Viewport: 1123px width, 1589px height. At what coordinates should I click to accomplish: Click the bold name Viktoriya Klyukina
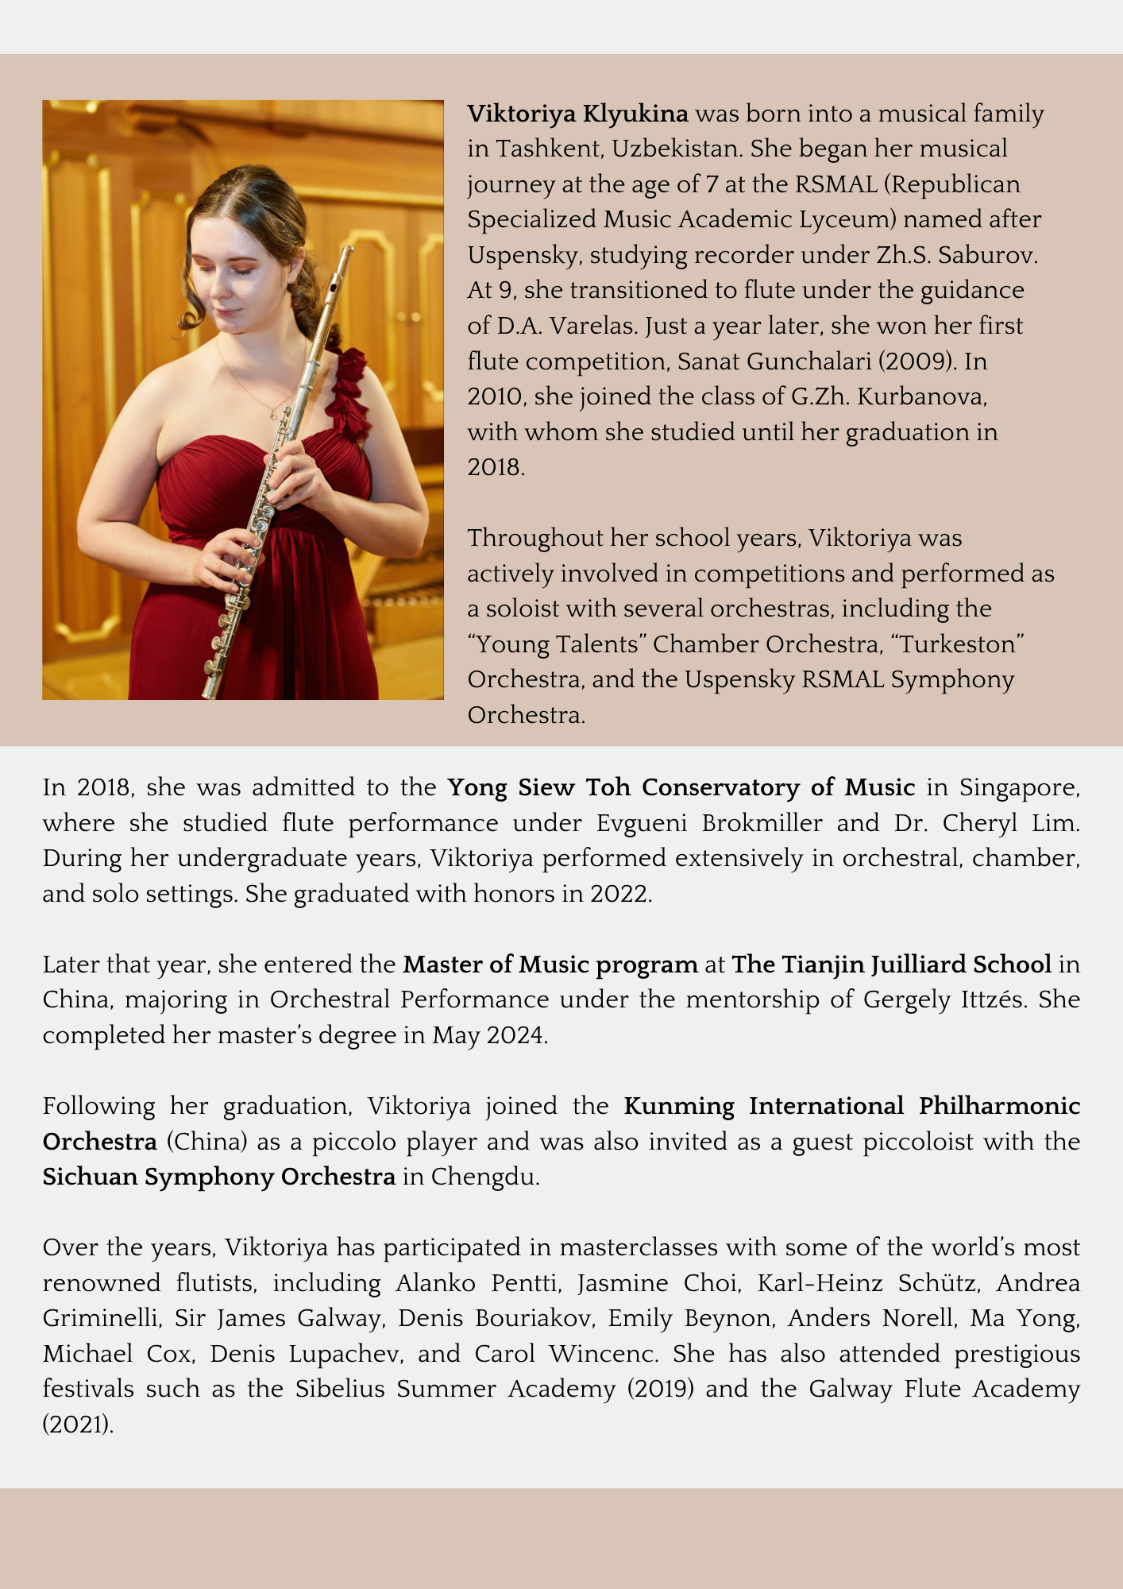(x=577, y=114)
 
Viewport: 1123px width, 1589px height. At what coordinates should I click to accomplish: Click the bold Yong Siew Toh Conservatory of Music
(x=681, y=787)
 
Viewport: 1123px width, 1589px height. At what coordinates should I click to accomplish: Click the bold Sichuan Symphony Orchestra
(x=219, y=1177)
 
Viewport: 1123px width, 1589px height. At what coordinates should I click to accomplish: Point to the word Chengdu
(x=484, y=1177)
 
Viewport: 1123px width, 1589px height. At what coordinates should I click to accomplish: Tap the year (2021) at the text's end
(x=78, y=1425)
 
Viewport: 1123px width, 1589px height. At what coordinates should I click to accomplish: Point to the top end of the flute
(x=347, y=252)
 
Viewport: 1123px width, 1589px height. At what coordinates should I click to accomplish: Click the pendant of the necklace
(x=274, y=414)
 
